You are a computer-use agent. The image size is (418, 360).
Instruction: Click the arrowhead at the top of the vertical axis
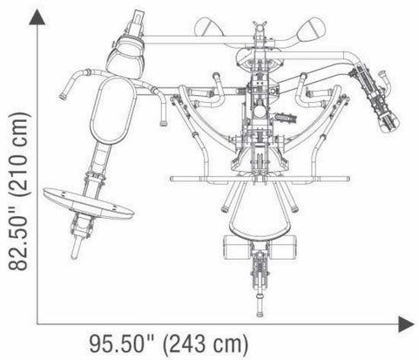tap(37, 17)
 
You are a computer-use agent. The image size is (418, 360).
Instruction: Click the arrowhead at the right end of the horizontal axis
tap(406, 324)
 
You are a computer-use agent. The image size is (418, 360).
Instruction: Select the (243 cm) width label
tap(206, 345)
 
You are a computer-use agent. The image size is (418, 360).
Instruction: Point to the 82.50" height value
tap(18, 236)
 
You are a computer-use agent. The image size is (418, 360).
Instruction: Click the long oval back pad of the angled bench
tap(112, 111)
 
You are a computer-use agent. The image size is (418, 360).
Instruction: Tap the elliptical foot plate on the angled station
tap(88, 204)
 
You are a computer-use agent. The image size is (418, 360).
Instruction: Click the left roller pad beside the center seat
tap(238, 248)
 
